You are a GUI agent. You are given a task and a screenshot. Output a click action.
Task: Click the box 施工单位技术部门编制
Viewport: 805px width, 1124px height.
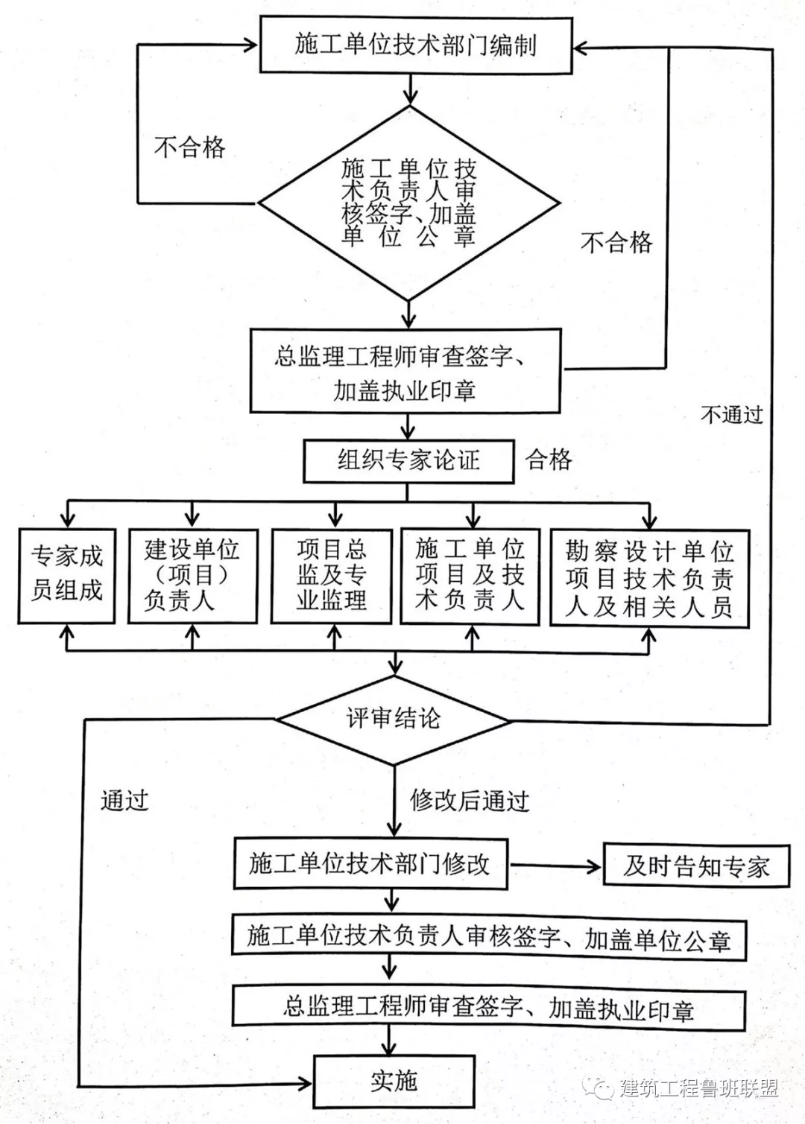click(x=415, y=45)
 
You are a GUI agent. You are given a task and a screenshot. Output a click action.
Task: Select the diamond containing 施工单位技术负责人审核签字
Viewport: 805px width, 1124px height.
click(x=408, y=203)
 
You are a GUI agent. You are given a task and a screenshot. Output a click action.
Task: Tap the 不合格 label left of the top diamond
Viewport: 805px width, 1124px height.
click(x=189, y=147)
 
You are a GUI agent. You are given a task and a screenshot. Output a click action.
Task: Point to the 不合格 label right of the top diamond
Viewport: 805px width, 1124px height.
click(x=616, y=242)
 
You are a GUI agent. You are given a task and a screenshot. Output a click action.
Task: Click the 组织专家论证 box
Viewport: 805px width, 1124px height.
click(x=408, y=460)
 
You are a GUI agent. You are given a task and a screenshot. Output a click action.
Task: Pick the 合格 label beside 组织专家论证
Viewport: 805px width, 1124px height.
click(x=549, y=460)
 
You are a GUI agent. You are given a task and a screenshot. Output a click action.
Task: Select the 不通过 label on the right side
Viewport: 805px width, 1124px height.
click(x=732, y=414)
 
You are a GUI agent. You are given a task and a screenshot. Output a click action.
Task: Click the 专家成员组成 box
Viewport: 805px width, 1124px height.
click(x=67, y=574)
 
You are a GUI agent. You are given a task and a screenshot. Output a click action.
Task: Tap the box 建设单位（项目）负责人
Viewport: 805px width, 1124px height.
click(x=192, y=575)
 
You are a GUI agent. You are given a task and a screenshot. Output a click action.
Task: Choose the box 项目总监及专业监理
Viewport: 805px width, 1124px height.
click(x=332, y=575)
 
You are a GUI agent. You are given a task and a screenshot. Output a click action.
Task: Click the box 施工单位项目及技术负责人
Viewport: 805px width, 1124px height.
click(x=470, y=575)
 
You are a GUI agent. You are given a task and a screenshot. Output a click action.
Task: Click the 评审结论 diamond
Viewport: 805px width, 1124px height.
click(x=394, y=720)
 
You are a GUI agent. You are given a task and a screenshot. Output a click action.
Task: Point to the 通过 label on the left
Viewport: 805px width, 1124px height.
click(x=124, y=801)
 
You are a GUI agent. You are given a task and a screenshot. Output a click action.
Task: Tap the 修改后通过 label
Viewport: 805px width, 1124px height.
click(x=470, y=801)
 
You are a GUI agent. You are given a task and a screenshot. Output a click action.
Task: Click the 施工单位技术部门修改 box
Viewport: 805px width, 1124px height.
click(x=370, y=864)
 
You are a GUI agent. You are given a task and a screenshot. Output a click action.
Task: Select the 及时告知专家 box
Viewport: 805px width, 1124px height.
click(x=696, y=866)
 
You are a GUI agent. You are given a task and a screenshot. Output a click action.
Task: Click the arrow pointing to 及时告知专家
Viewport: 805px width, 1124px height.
click(x=555, y=866)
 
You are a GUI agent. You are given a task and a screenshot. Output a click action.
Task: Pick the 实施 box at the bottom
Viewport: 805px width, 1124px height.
click(x=394, y=1081)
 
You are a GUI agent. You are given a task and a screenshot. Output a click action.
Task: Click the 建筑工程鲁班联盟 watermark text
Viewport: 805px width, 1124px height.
click(x=698, y=1088)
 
